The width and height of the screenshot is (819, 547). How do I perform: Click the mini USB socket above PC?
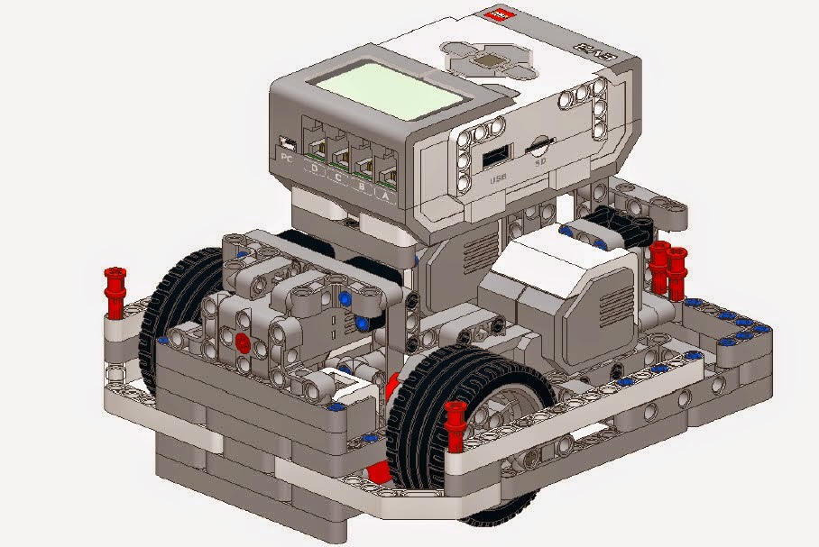[x=288, y=144]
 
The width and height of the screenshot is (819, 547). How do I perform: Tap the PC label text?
[x=288, y=159]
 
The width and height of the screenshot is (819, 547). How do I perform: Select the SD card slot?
[x=540, y=143]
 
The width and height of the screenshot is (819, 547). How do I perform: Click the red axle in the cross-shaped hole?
[x=242, y=341]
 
